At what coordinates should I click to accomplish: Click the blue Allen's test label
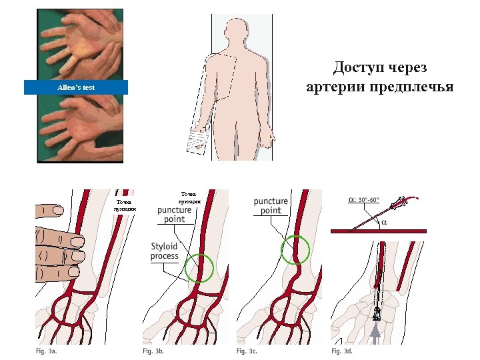pyautogui.click(x=75, y=87)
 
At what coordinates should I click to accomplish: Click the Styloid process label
pyautogui.click(x=165, y=251)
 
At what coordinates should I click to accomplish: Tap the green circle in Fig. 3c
pyautogui.click(x=295, y=250)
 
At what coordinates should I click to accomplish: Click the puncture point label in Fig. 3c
pyautogui.click(x=271, y=206)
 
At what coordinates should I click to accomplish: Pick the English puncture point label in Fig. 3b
pyautogui.click(x=175, y=214)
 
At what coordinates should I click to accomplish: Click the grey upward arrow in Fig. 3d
pyautogui.click(x=377, y=332)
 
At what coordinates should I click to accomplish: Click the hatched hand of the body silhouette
pyautogui.click(x=197, y=141)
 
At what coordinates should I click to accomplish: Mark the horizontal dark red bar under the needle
pyautogui.click(x=378, y=230)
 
